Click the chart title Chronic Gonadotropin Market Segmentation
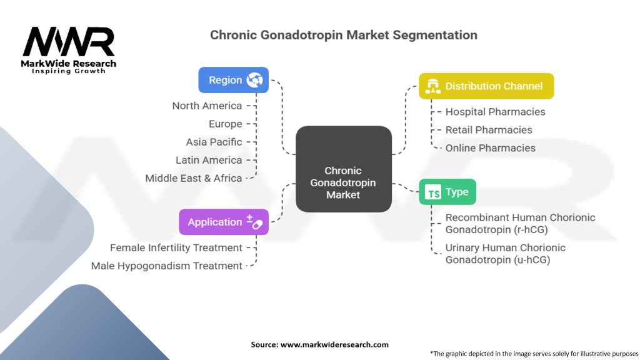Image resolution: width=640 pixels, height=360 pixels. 343,35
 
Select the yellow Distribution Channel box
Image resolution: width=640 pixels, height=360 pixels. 486,86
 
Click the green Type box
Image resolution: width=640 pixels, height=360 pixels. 447,192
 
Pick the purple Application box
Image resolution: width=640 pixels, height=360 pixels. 224,222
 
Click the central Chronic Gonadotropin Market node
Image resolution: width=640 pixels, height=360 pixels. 343,182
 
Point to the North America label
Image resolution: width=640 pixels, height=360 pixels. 207,106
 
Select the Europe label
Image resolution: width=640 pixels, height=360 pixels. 226,124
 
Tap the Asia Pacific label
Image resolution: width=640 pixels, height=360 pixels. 214,142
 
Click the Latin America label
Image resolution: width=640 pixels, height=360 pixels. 209,160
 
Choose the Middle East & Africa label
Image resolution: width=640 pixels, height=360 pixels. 194,178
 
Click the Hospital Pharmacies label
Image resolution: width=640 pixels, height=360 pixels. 495,112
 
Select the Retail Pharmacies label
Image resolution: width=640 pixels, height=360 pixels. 489,130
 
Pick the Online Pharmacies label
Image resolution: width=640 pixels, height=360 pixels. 490,148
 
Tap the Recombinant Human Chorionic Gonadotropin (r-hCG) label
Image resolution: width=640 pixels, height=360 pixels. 520,223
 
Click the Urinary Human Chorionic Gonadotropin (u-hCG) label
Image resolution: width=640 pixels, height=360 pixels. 505,253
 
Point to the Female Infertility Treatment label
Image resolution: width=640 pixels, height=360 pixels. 176,247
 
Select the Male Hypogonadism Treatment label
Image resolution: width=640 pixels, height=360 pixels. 167,266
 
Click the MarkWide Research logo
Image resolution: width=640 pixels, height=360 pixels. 69,49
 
